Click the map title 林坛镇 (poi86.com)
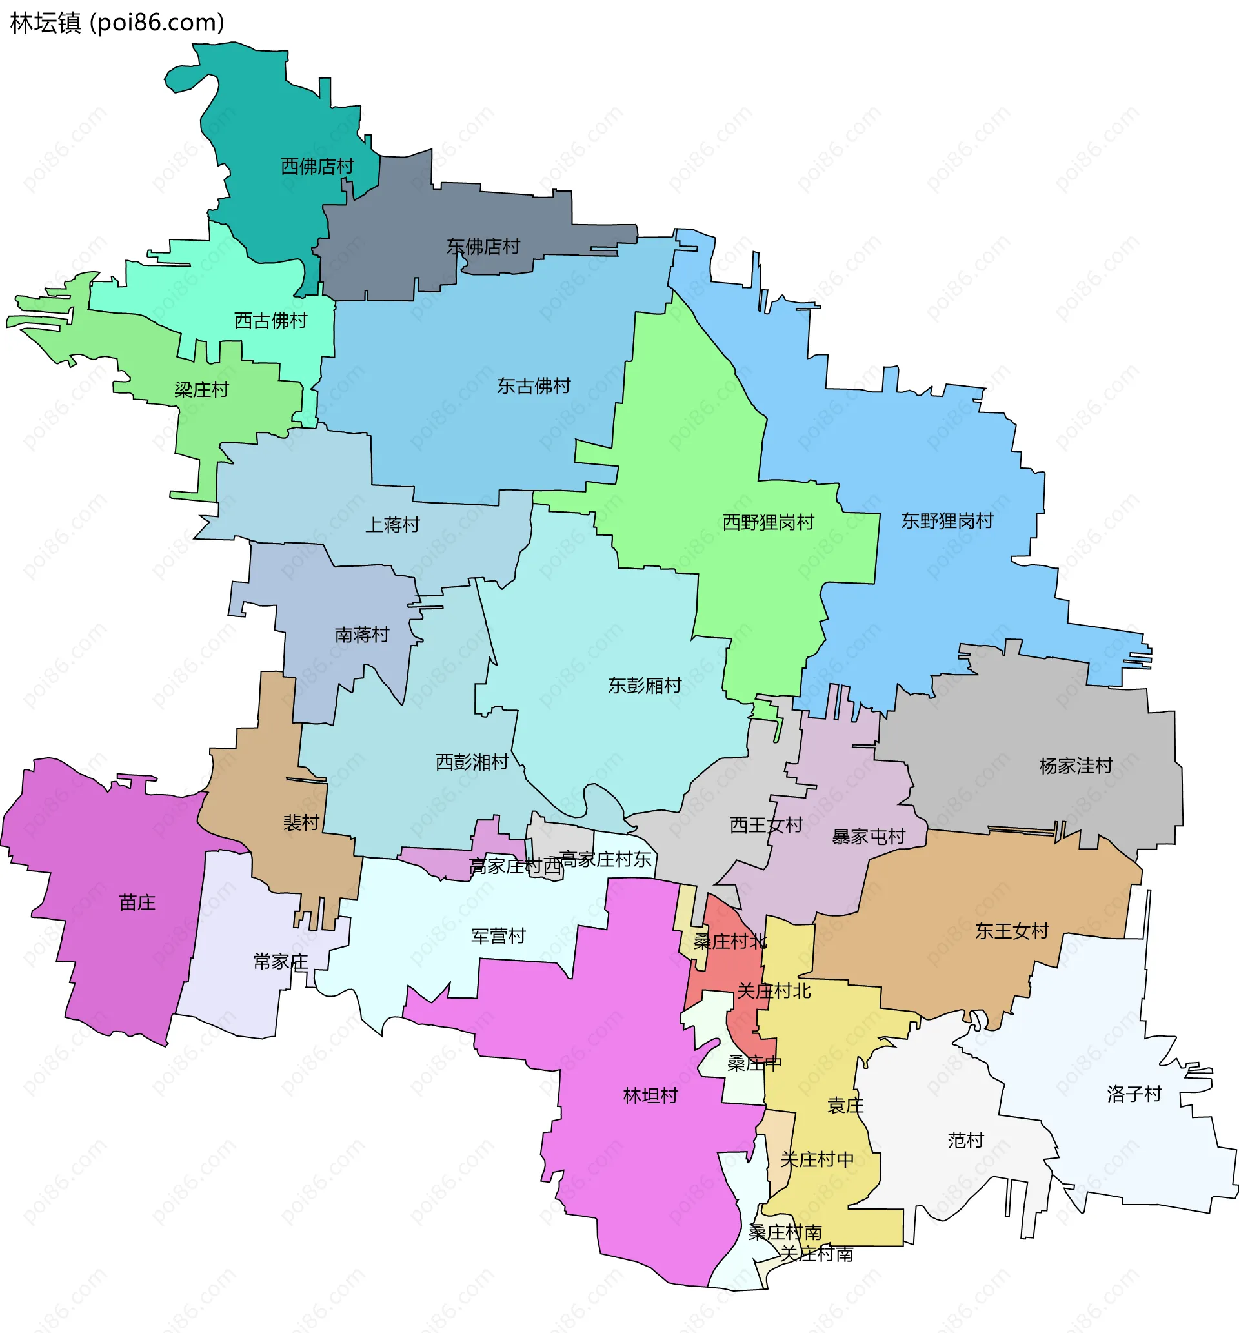point(117,23)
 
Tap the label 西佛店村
point(317,166)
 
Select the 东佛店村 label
point(483,247)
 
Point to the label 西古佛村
point(271,321)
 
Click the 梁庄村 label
point(202,390)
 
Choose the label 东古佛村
point(534,386)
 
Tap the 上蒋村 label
point(392,524)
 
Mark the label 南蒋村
point(362,635)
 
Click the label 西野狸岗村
point(769,522)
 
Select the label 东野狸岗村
point(947,521)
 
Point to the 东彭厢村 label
point(645,686)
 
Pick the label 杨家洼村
point(1076,766)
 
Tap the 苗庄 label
point(137,902)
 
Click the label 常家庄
point(281,962)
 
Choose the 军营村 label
point(498,936)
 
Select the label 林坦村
point(651,1095)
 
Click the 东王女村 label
point(1012,931)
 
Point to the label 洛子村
point(1134,1094)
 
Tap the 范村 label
point(966,1140)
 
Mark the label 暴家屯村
point(869,837)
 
